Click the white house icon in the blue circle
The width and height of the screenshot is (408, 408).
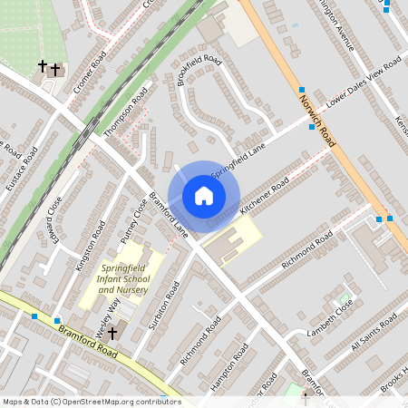(x=204, y=195)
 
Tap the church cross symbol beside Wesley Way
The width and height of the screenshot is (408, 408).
(x=112, y=334)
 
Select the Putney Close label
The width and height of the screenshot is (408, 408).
(x=133, y=221)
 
